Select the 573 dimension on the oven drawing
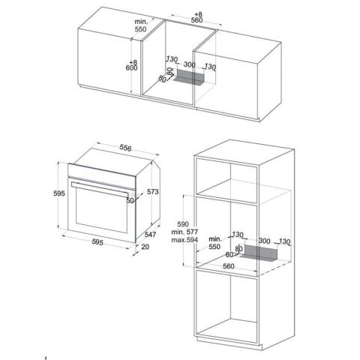pos(153,193)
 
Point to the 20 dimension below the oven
pos(145,247)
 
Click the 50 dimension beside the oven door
pos(130,200)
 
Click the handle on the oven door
pos(97,183)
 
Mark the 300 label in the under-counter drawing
pos(190,65)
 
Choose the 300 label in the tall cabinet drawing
pos(265,241)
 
